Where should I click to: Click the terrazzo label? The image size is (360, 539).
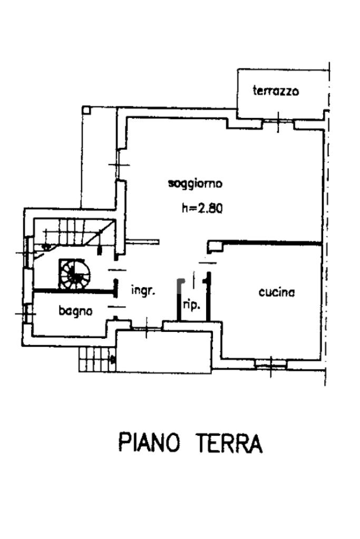[276, 91]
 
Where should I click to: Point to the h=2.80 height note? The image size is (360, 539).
[202, 208]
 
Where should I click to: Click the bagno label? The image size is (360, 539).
[75, 311]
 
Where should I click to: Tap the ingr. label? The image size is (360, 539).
[143, 290]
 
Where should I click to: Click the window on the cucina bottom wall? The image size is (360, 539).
[271, 362]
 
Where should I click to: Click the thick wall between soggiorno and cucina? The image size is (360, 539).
[271, 242]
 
